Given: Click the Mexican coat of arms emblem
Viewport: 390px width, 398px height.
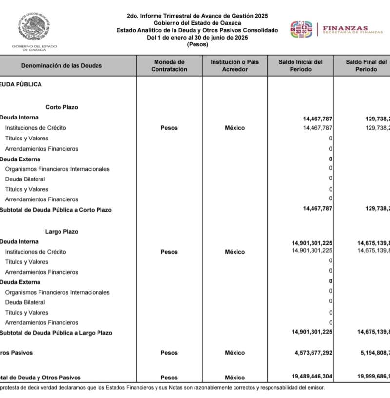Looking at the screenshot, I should pos(35,27).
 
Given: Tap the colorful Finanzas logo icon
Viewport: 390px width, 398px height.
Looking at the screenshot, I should pos(301,29).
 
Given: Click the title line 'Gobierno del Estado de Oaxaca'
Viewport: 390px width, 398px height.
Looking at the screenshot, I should pos(197,23).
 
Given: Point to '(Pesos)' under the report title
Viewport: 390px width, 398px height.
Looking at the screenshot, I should pos(197,44).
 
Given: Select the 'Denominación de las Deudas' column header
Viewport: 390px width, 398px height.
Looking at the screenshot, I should pos(62,66).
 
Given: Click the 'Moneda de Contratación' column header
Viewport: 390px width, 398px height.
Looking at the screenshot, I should pos(169,66).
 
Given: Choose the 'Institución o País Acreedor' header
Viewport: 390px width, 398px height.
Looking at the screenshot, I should pos(234,66).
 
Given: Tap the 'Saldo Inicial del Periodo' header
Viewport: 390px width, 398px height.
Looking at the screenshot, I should pos(300,66).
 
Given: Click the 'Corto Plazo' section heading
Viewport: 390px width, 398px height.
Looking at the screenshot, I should pos(61,107).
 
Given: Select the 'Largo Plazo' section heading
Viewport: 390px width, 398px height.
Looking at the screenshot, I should pos(61,232).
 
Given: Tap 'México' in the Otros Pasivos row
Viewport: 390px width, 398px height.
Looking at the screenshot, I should pos(234,353).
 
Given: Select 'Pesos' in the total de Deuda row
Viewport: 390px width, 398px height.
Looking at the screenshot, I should pos(169,378).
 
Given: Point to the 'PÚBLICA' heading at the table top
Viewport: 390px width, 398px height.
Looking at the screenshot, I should pos(29,84).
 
